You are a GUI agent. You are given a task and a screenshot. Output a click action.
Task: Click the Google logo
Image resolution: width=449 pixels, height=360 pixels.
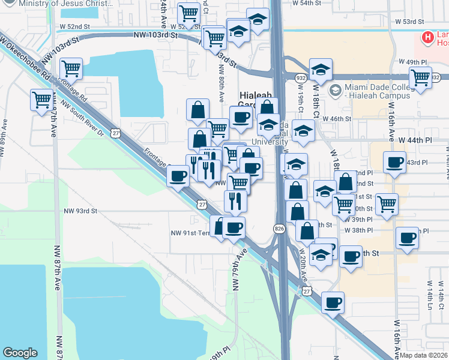click(20, 352)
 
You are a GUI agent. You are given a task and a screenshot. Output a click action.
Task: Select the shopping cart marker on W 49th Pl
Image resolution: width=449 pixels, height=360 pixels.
click(420, 77)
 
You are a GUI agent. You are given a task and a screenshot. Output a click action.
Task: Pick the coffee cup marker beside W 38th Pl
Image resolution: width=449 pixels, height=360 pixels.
click(406, 237)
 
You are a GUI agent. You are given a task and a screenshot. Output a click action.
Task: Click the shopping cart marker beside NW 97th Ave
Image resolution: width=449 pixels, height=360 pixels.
click(41, 99)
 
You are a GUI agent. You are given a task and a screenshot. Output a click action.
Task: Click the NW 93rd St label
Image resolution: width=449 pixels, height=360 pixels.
click(80, 211)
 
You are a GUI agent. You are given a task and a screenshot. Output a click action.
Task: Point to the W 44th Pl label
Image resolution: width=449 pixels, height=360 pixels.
click(415, 140)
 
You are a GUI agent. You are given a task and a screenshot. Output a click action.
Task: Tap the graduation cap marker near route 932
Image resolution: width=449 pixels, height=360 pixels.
click(321, 69)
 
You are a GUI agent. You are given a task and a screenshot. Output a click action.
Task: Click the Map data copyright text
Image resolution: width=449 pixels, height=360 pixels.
click(424, 355)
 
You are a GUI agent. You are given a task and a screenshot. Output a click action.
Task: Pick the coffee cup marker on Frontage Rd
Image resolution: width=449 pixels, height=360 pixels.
click(178, 176)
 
